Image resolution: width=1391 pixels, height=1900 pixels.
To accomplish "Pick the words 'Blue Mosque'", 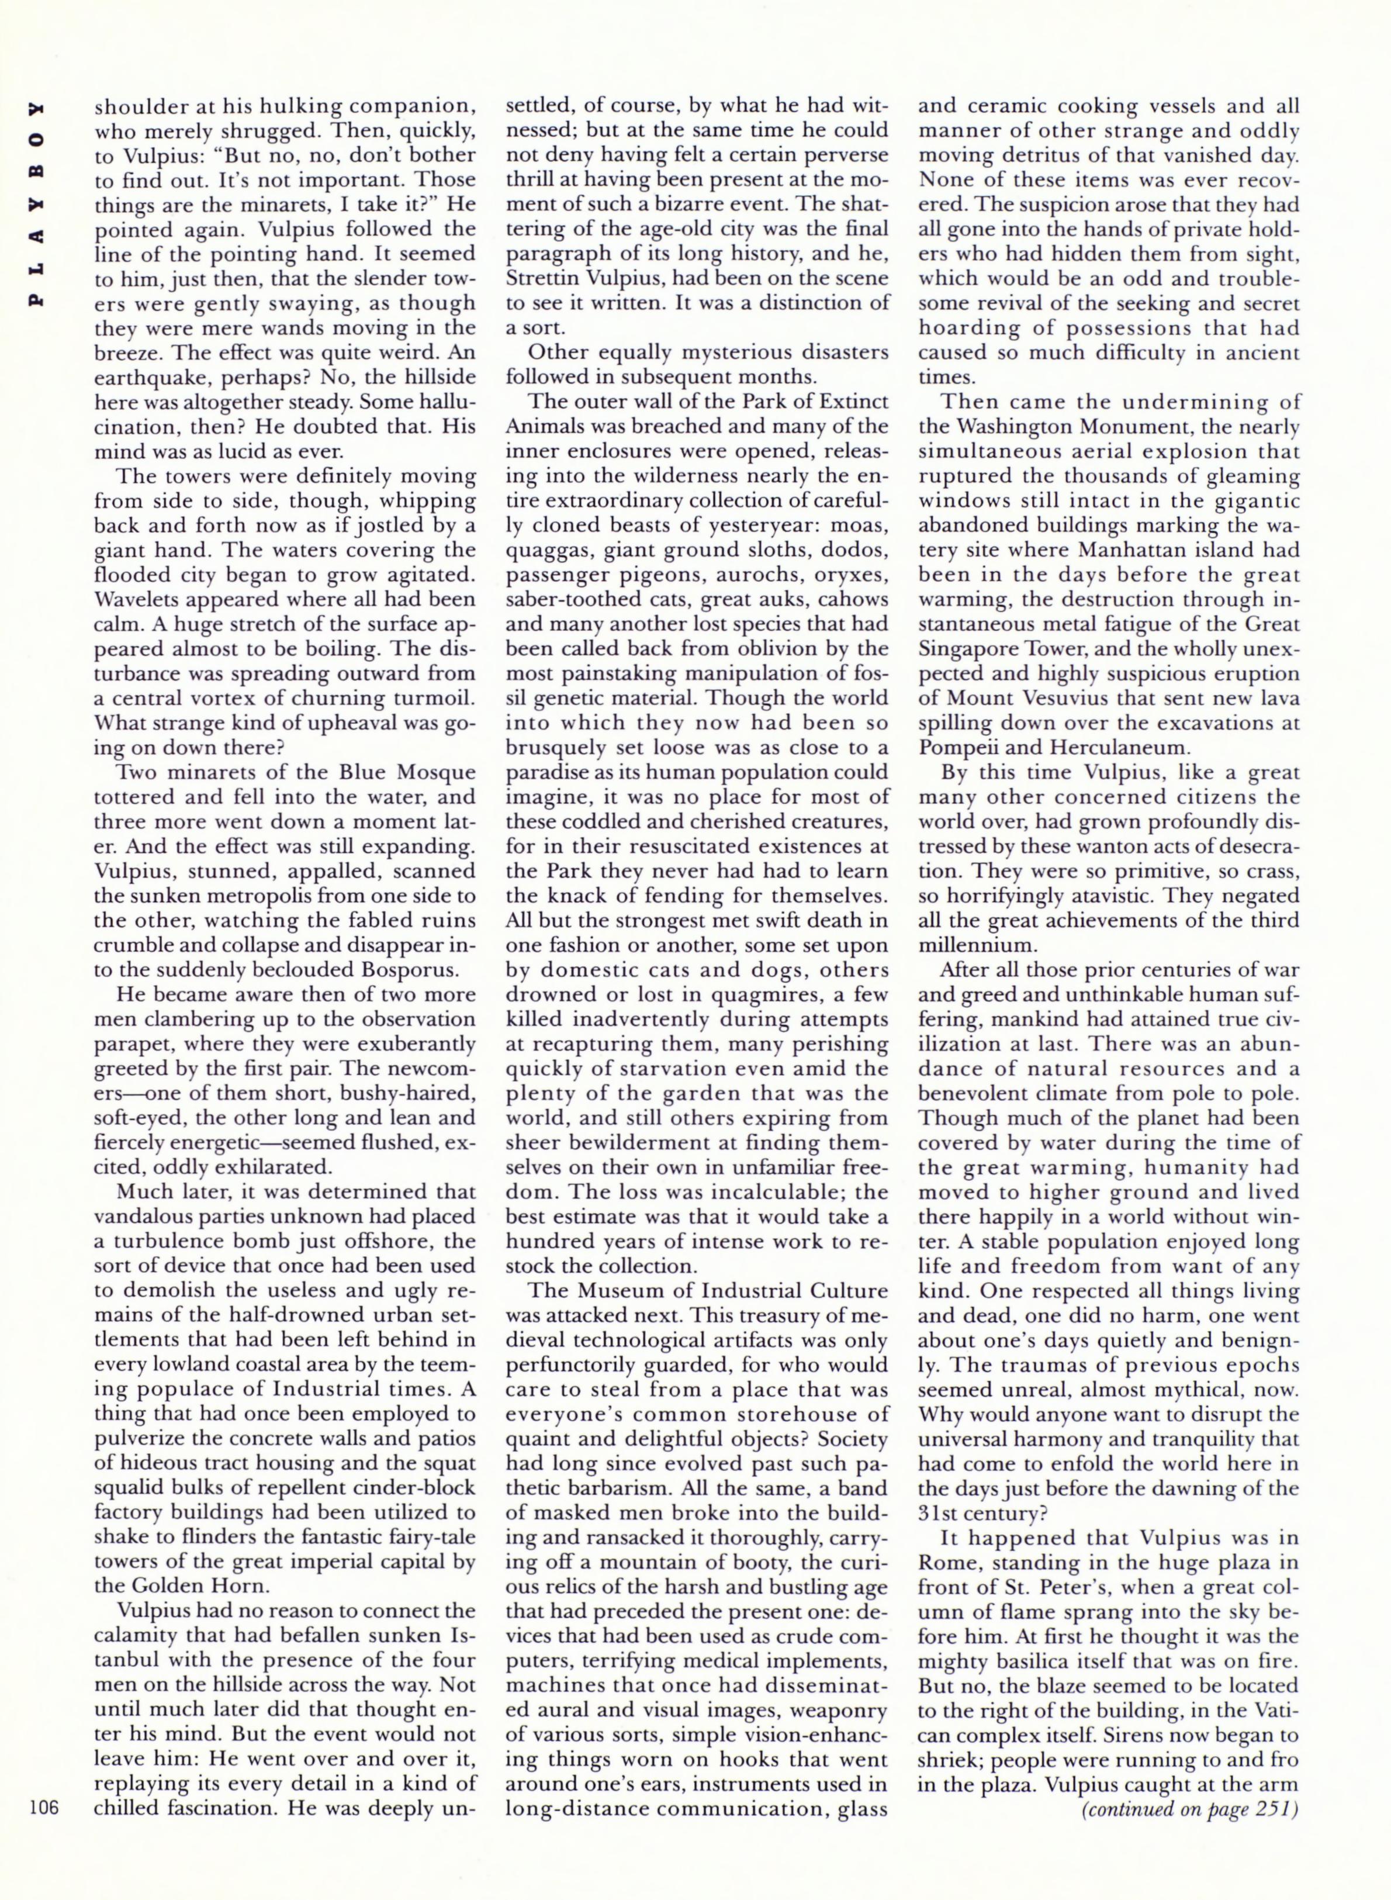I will coord(409,772).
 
